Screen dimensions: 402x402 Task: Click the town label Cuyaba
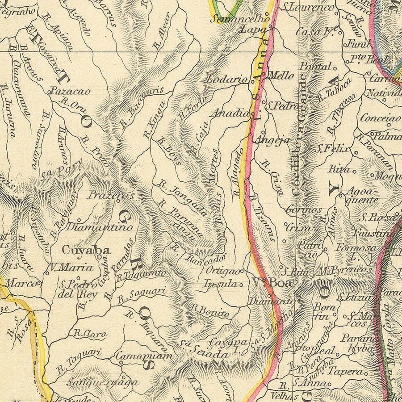coord(86,250)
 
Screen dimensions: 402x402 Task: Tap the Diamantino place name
coord(99,227)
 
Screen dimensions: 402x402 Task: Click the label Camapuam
coord(144,356)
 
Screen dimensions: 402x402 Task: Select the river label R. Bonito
coord(210,310)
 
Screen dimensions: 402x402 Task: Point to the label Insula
coord(219,284)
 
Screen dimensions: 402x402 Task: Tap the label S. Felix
coord(332,149)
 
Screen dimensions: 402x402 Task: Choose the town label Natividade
coord(384,93)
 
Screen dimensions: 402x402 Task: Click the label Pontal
coord(315,66)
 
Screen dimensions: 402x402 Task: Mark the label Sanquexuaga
coord(102,382)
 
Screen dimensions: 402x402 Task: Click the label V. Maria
coord(71,268)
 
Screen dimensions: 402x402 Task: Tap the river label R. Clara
coord(90,333)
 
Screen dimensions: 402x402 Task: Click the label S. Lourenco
coord(309,7)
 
